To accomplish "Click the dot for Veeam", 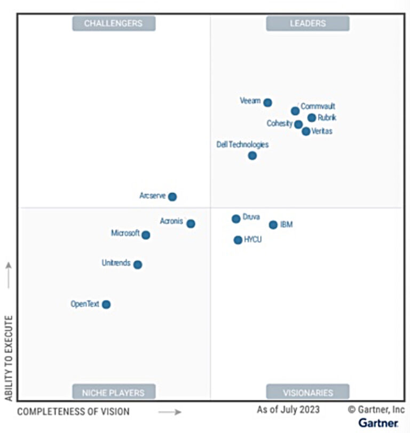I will click(x=267, y=102).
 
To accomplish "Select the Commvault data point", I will click(x=295, y=111).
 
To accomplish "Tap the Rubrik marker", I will click(x=312, y=118).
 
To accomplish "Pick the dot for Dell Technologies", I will click(x=253, y=156).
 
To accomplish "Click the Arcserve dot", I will click(x=172, y=197).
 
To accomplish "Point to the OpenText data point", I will click(x=106, y=304).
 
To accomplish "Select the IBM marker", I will click(x=273, y=225).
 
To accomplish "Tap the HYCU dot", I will click(x=238, y=240).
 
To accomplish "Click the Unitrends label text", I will click(x=116, y=263).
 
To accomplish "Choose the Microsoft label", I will click(x=125, y=233).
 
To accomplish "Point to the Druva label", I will click(x=251, y=217).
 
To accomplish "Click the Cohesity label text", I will click(x=280, y=124).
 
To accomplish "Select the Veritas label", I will click(x=321, y=131).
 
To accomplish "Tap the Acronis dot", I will click(x=191, y=224).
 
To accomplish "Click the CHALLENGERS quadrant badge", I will click(x=114, y=23).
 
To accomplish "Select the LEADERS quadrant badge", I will click(x=307, y=23).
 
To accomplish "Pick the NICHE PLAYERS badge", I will click(x=114, y=392).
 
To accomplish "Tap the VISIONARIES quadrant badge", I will click(x=307, y=392).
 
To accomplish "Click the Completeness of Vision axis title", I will click(x=73, y=412).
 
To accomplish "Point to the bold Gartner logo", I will click(x=378, y=423).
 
